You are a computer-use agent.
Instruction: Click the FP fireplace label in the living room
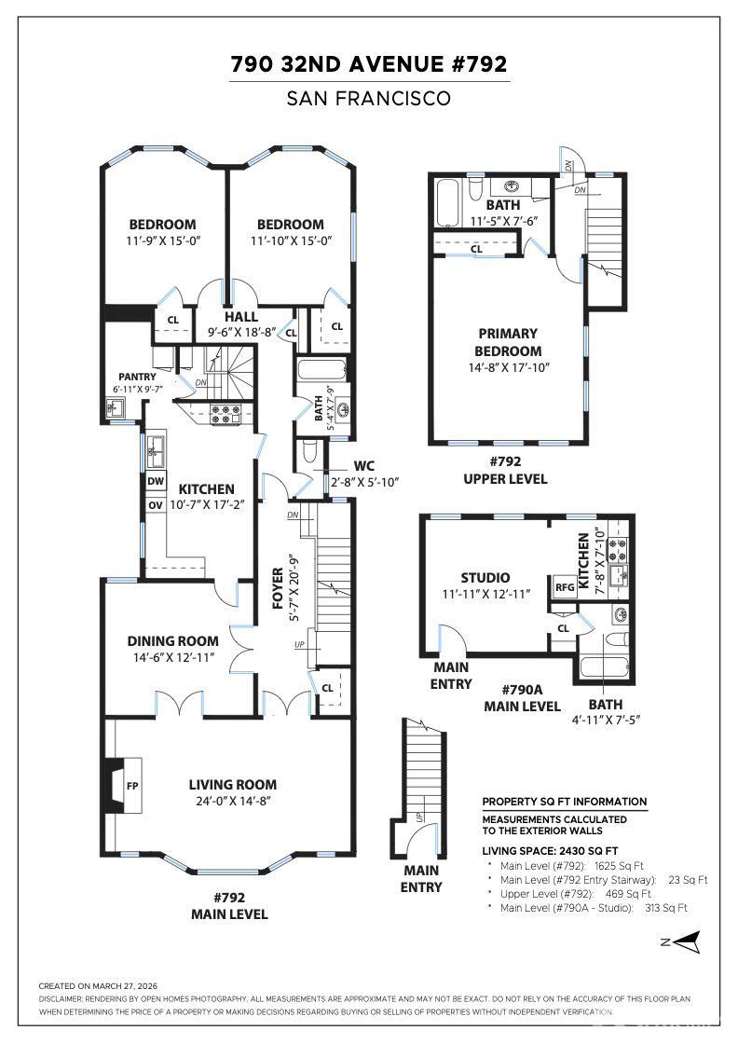click(x=132, y=786)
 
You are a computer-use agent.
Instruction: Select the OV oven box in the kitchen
click(x=155, y=504)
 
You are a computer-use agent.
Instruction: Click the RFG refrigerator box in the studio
click(x=565, y=587)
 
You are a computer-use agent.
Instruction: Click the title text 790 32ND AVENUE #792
click(x=369, y=64)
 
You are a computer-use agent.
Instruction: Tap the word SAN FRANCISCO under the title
click(x=369, y=98)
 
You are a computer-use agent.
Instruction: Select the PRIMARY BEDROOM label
click(x=509, y=342)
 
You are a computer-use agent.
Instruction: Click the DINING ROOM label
click(x=173, y=641)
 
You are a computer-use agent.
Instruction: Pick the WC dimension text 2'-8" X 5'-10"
click(x=365, y=482)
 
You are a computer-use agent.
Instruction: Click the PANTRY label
click(x=137, y=377)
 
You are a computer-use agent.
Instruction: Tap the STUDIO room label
click(x=485, y=578)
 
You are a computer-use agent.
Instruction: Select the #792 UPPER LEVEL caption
click(x=505, y=470)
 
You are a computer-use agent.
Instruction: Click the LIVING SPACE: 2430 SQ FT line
click(x=550, y=850)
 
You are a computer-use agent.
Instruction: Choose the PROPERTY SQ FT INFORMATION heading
click(x=564, y=802)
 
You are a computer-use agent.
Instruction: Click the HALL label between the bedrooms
click(x=240, y=317)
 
